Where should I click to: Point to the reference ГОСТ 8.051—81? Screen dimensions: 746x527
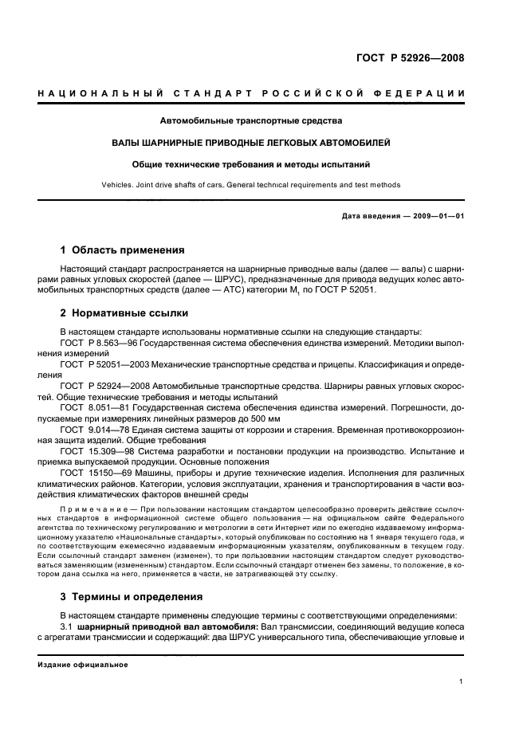pos(90,407)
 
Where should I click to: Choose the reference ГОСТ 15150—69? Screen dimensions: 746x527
pos(91,473)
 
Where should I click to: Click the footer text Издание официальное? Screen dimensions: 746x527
pos(82,664)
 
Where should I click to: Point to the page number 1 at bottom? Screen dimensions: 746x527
pos(462,681)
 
